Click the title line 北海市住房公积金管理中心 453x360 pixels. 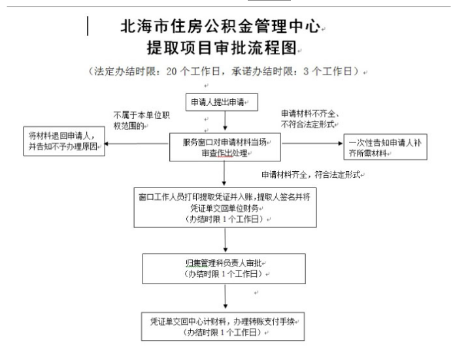click(x=221, y=26)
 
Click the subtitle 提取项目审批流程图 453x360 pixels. click(x=222, y=47)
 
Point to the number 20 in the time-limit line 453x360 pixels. click(x=171, y=71)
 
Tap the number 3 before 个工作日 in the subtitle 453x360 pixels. click(x=306, y=71)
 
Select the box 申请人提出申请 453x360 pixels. click(x=222, y=102)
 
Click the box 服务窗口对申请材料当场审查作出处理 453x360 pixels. click(x=225, y=147)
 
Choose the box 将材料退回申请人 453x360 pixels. click(x=64, y=141)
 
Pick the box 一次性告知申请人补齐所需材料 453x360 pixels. click(x=385, y=147)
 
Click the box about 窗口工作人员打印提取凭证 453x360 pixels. click(x=225, y=208)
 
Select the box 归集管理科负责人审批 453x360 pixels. click(x=224, y=269)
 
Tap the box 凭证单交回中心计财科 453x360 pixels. click(x=223, y=327)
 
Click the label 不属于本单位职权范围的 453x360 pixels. click(x=142, y=120)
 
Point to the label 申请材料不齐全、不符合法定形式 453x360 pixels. click(x=309, y=119)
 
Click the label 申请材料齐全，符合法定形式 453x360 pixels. click(x=311, y=174)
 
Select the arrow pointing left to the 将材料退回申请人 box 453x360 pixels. click(x=137, y=144)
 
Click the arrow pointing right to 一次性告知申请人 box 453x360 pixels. click(x=312, y=143)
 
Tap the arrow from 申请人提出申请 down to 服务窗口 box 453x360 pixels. click(x=225, y=121)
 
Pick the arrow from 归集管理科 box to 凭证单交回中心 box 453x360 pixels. click(x=226, y=297)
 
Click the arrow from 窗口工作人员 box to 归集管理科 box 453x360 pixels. click(x=226, y=240)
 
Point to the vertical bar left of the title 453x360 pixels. click(x=88, y=26)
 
